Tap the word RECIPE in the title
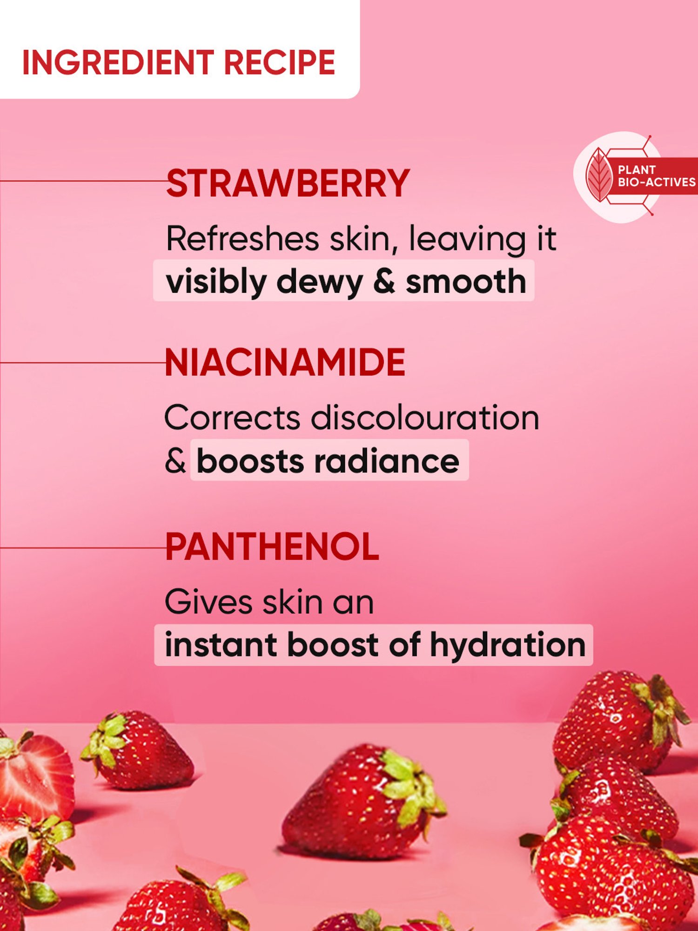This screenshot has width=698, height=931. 279,63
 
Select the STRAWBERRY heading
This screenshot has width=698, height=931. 288,184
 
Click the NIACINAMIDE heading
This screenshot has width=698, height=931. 285,363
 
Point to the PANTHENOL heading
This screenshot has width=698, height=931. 272,547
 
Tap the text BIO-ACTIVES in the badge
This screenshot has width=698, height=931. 656,182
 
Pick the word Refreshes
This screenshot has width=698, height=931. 242,239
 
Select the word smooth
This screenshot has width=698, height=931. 466,282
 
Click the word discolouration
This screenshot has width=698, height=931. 425,418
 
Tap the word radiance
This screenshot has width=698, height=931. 387,461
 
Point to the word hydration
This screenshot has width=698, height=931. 508,645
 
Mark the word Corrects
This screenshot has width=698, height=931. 232,418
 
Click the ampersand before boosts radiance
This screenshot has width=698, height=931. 175,461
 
